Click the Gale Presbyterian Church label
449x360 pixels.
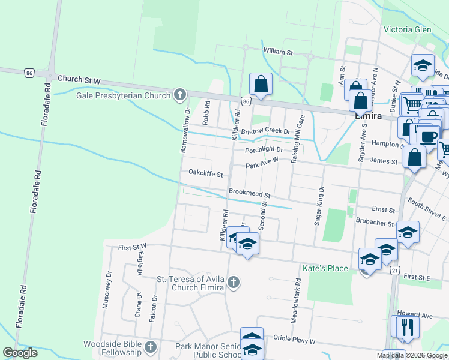124,95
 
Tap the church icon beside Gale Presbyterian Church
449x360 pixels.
179,95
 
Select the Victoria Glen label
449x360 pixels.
407,29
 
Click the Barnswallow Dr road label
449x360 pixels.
185,130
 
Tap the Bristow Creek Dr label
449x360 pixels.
265,131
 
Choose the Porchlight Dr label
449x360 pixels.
264,150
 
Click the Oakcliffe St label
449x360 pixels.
206,174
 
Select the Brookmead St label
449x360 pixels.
250,194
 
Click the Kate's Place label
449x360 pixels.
325,268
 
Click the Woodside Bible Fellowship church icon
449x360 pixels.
151,347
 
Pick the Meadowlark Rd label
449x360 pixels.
295,302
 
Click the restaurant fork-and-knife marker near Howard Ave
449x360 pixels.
406,327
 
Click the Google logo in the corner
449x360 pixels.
20,353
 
